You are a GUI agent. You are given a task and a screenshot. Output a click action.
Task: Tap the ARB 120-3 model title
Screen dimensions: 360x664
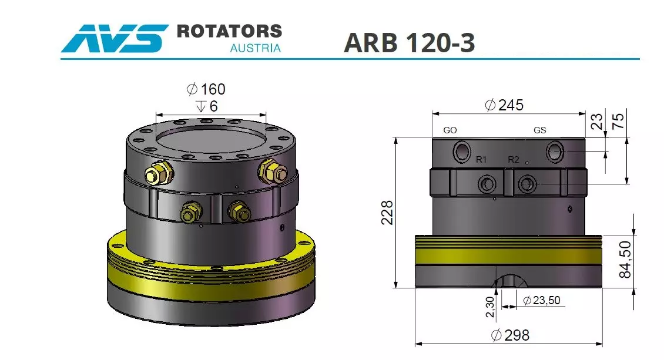click(x=409, y=42)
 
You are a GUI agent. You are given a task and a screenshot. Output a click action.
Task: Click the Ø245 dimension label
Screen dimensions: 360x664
click(x=504, y=105)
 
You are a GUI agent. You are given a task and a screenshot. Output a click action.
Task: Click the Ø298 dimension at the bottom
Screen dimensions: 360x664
click(x=510, y=335)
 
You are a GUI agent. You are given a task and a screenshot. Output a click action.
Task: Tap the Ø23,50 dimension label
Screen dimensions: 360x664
click(x=541, y=300)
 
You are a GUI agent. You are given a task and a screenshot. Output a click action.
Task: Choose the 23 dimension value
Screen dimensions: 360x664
click(x=597, y=122)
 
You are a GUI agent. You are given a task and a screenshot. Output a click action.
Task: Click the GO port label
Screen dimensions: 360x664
click(x=450, y=130)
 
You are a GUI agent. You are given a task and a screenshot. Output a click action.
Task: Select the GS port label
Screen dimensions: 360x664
click(x=539, y=130)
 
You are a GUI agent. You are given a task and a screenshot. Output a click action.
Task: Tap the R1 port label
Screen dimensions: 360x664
click(x=481, y=159)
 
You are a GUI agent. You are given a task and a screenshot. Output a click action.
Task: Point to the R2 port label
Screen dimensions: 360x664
click(x=513, y=159)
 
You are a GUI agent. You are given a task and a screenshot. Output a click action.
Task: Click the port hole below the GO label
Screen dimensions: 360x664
click(x=461, y=153)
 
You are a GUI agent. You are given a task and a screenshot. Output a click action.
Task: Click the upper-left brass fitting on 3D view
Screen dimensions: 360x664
click(x=157, y=173)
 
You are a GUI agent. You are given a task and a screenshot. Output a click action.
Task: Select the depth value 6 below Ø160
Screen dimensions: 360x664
click(x=213, y=106)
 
